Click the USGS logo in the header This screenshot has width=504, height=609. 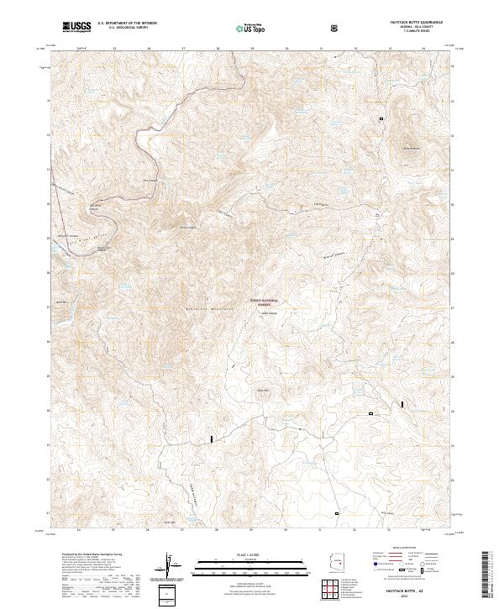(76, 27)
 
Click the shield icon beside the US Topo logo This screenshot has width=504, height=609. (336, 28)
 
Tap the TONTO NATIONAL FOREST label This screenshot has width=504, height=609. (267, 302)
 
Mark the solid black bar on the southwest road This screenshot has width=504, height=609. (212, 438)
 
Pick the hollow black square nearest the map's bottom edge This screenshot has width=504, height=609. (337, 512)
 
